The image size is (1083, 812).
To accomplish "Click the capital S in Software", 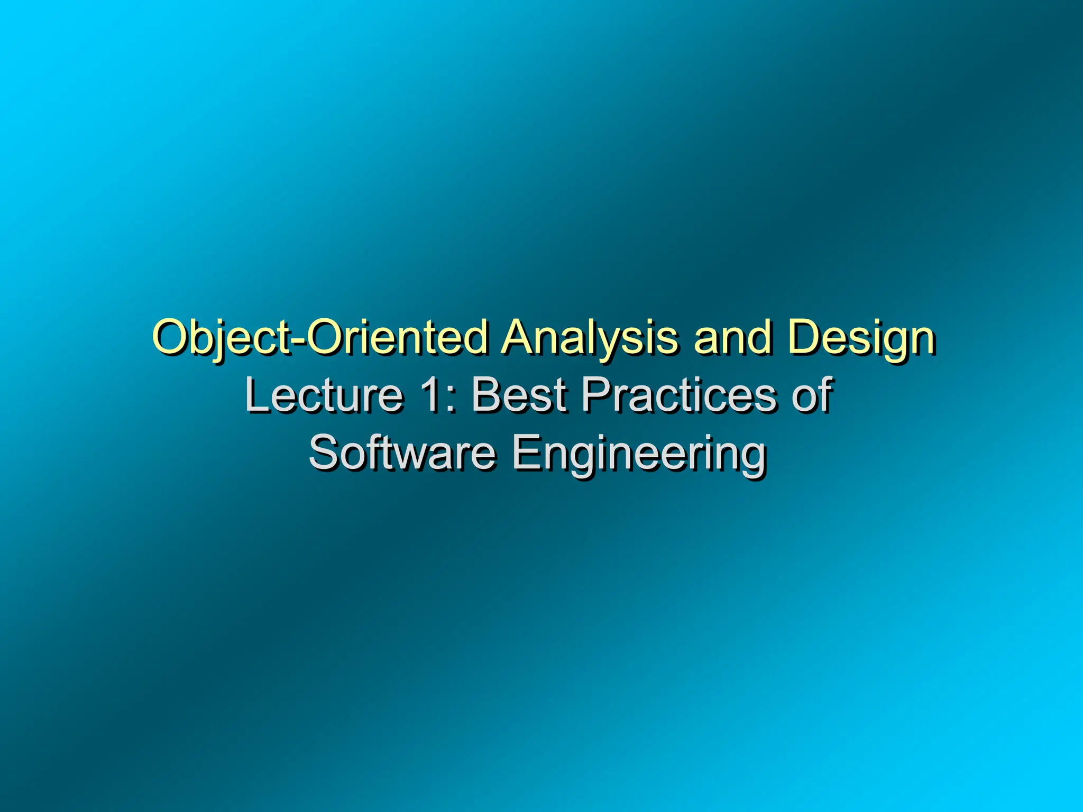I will pos(324,453).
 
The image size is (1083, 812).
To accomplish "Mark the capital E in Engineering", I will pos(526,453).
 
